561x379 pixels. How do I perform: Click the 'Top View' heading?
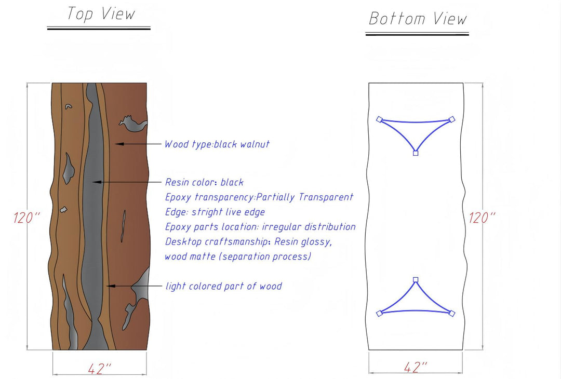(x=101, y=14)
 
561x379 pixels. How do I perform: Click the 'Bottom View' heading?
(x=418, y=19)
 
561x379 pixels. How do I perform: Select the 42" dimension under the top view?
(x=100, y=369)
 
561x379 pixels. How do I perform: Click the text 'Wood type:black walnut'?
(x=217, y=144)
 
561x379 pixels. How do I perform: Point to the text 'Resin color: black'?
(x=204, y=182)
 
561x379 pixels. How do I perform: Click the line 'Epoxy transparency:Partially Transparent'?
(x=259, y=197)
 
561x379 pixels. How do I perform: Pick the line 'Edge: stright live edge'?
(x=215, y=212)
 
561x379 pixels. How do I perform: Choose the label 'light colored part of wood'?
(x=223, y=286)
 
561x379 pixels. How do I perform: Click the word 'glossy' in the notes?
(x=314, y=241)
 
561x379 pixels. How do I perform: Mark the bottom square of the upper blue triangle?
(x=415, y=153)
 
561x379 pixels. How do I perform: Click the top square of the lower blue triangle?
(x=415, y=280)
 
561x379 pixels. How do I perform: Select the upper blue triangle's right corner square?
(x=451, y=119)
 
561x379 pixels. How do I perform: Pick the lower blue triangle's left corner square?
(x=379, y=313)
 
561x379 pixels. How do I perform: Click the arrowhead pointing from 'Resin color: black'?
(x=94, y=182)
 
